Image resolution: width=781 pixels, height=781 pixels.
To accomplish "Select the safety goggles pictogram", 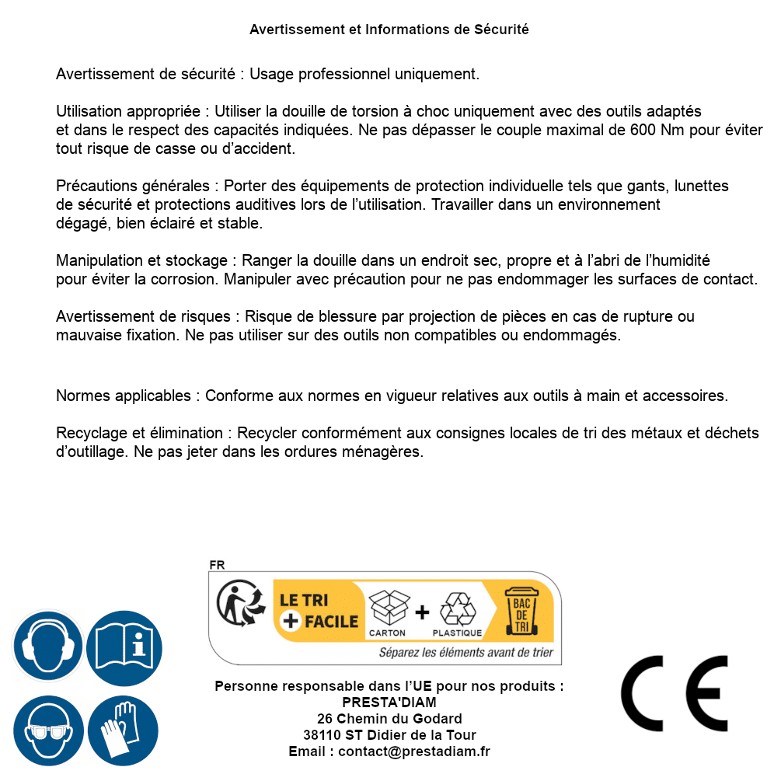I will (47, 731).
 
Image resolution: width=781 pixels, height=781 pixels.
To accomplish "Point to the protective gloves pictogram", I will (124, 731).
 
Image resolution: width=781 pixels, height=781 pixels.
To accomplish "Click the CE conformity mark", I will (675, 693).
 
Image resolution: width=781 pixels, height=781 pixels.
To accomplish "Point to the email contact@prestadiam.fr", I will (413, 751).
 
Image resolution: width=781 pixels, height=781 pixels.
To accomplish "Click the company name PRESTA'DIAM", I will (389, 703).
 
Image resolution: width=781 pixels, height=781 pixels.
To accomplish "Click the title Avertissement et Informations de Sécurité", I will (389, 30).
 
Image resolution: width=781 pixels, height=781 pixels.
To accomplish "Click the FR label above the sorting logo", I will (217, 565).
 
